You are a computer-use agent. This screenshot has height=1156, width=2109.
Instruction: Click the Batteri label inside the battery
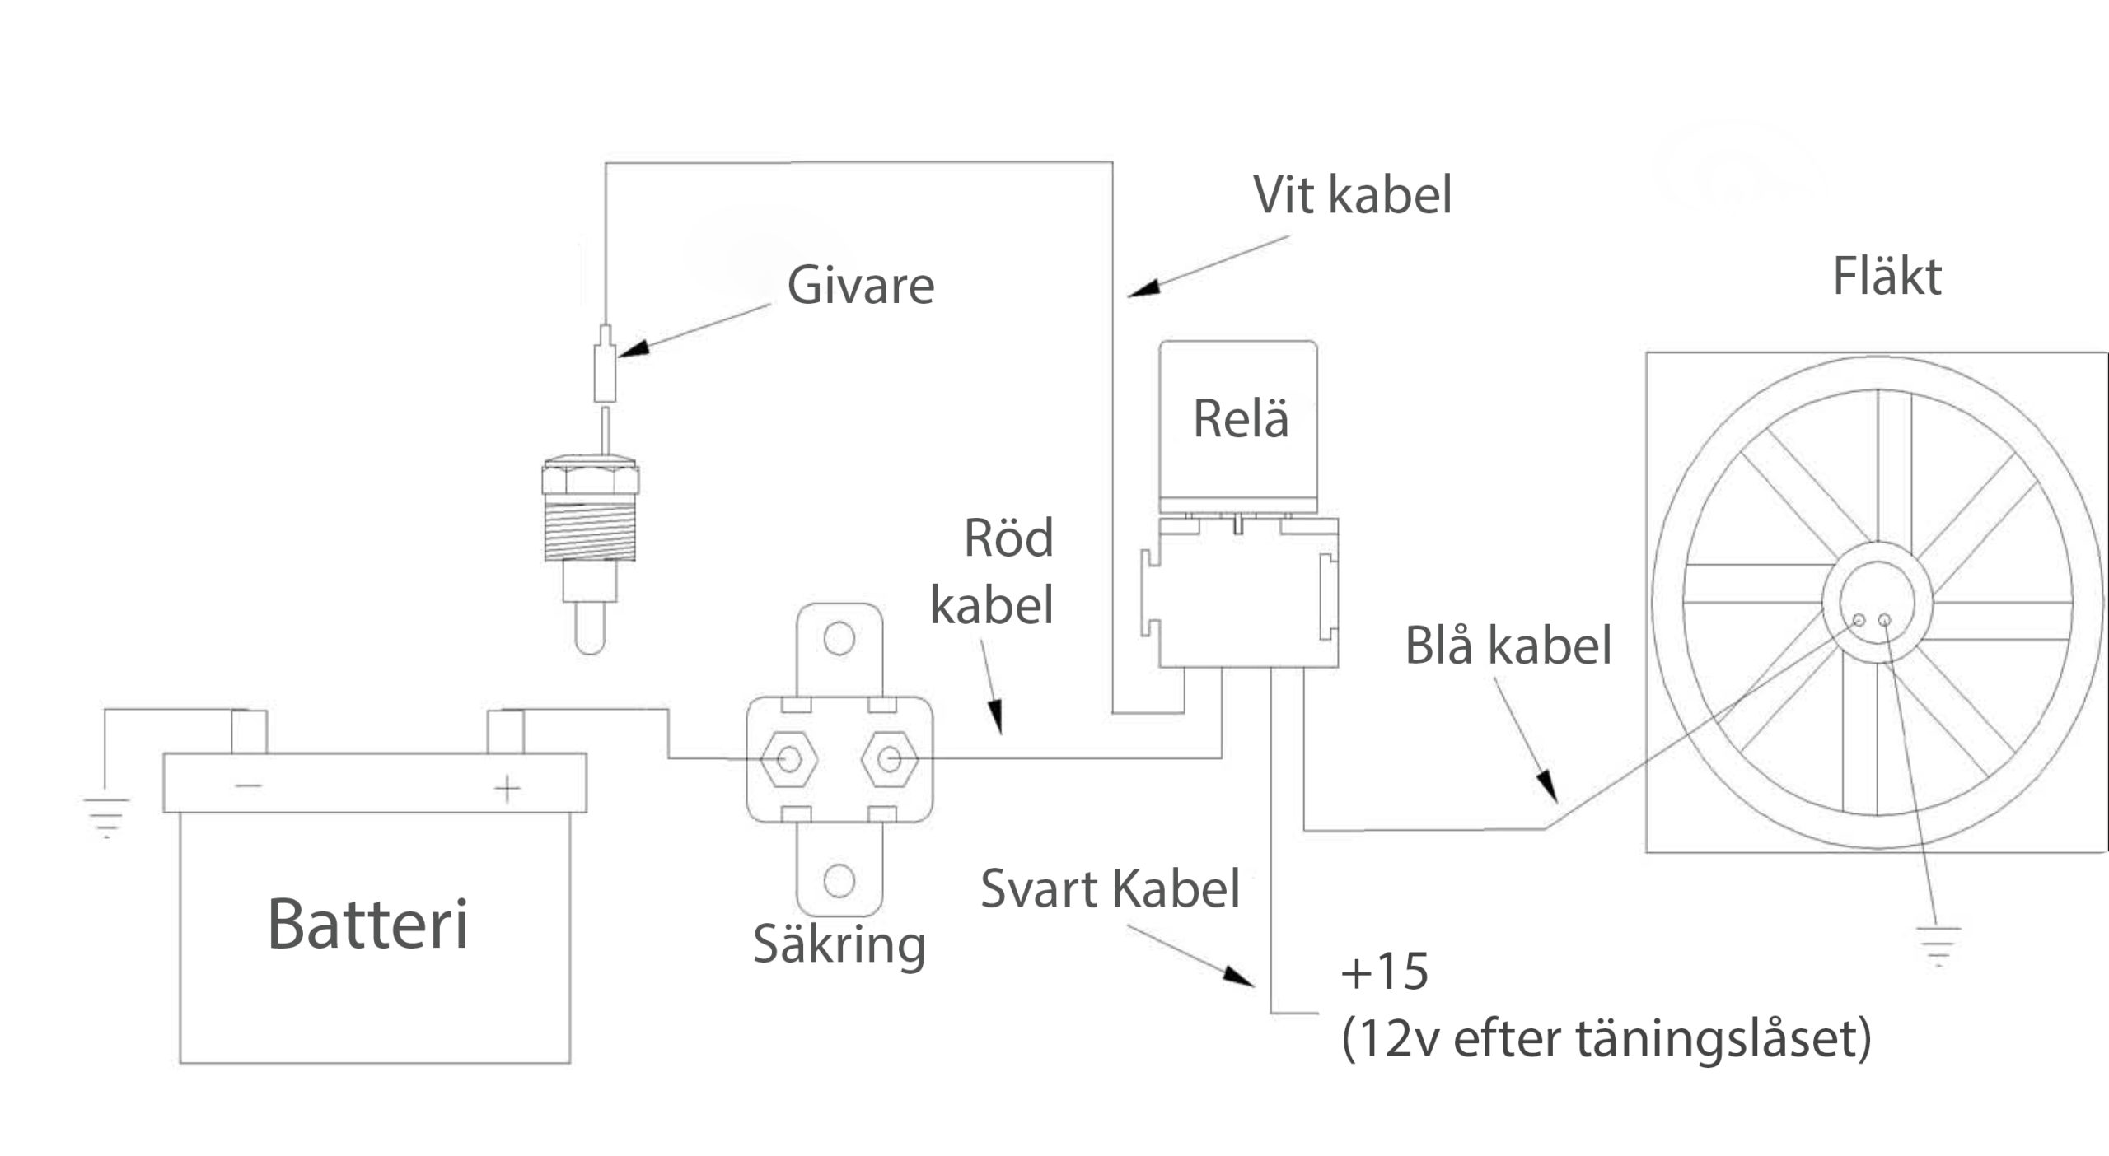point(367,924)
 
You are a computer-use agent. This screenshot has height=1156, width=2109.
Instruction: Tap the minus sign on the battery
point(248,785)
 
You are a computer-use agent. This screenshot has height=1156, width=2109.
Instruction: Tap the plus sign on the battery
point(507,788)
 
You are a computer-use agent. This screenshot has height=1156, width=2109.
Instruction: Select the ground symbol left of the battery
point(106,815)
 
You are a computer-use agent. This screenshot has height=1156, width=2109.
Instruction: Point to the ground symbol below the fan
point(1938,945)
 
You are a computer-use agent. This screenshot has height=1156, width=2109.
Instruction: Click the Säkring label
point(839,944)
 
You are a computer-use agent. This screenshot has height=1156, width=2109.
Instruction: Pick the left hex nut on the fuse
point(789,758)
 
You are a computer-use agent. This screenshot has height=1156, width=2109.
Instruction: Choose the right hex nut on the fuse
point(889,758)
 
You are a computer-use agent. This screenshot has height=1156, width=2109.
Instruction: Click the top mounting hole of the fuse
point(839,638)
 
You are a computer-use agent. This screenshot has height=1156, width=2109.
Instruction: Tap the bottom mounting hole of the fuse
point(839,881)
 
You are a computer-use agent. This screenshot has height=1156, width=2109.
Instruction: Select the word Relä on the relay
point(1240,418)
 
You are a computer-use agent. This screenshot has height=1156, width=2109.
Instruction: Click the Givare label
point(860,285)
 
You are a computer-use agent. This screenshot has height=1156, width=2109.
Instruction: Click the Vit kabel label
point(1352,195)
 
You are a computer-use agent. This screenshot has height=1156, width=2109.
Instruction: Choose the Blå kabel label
point(1508,646)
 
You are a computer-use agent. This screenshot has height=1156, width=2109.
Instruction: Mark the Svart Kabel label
point(1110,889)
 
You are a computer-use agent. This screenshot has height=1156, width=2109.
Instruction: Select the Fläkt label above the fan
point(1887,277)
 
